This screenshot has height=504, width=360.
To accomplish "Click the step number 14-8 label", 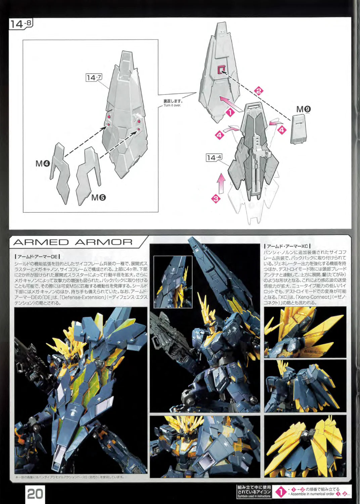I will click(x=21, y=24).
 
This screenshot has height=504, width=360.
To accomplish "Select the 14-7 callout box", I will click(x=94, y=78).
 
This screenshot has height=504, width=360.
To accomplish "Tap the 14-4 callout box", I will click(x=214, y=157).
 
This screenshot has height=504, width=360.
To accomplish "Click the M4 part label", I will click(x=43, y=164).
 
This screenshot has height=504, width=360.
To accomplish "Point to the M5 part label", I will click(x=98, y=198).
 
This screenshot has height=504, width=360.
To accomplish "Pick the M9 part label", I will click(x=303, y=109).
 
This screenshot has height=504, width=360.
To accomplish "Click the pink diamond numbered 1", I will click(x=230, y=112).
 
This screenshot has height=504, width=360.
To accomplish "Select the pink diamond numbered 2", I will click(x=259, y=91).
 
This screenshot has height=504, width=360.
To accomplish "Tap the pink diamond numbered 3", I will click(x=216, y=198).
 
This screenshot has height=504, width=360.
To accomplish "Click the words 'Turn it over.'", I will click(x=172, y=106).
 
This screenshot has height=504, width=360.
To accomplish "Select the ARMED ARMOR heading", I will click(x=73, y=242).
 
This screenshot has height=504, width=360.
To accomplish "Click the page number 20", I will click(x=35, y=494).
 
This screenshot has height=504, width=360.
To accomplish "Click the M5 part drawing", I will click(x=87, y=175).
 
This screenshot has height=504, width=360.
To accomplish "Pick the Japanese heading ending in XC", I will click(x=287, y=246).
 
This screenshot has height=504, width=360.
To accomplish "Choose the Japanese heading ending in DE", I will click(x=37, y=256).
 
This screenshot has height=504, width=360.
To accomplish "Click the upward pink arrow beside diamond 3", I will click(x=221, y=183).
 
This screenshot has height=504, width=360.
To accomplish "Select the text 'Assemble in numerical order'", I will click(x=312, y=494).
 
